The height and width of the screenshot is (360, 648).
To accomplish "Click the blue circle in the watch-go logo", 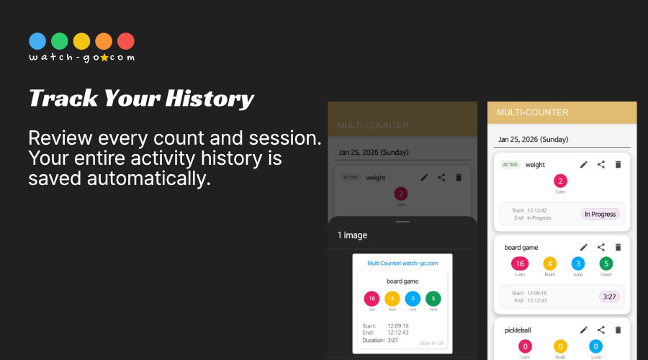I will coord(37,41).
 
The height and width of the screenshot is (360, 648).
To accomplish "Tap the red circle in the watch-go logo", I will coord(125,41).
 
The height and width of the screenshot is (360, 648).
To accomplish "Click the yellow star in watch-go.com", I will coord(104,58).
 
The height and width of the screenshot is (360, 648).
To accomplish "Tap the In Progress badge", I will coord(600,214).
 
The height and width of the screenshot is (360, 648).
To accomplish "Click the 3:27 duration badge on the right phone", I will coord(609,297).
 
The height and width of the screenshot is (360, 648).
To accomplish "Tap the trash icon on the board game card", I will coord(617,247).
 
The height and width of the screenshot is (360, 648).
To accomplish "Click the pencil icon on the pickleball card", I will coord(583,330).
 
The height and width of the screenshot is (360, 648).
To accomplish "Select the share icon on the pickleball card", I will coord(600,330).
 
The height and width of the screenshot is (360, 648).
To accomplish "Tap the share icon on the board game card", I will coord(600,247).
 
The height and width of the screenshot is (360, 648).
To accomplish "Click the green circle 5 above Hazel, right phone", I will coord(606,264).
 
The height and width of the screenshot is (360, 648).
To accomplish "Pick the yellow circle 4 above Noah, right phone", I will coord(549,264).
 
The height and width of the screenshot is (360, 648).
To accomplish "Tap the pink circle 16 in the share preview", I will coord(372,299).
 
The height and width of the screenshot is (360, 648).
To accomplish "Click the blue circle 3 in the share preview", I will coord(413,299).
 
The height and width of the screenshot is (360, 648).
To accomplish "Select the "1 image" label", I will coord(353,235).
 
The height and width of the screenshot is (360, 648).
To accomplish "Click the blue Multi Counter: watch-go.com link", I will coord(402,264).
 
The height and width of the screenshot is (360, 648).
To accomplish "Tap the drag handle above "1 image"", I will coord(402,222).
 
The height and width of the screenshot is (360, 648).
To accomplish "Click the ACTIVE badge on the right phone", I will coord(510,165).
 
